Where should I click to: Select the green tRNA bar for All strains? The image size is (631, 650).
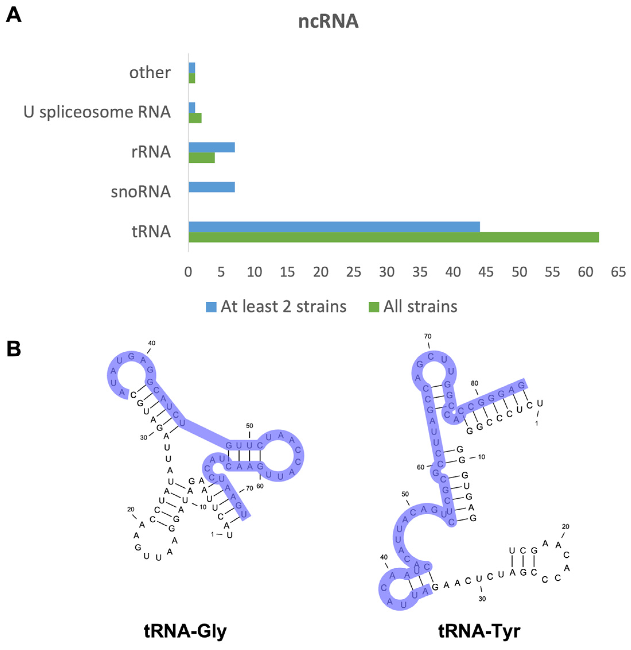(x=394, y=237)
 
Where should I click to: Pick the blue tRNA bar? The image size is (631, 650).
(x=334, y=227)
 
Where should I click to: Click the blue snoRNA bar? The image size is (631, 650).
(x=212, y=187)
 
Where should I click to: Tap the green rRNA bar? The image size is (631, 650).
(x=202, y=157)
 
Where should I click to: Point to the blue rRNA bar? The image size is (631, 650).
(x=212, y=147)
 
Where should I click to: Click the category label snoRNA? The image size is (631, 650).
(x=141, y=192)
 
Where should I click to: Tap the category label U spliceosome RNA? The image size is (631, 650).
(x=97, y=112)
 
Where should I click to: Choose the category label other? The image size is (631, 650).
(x=150, y=72)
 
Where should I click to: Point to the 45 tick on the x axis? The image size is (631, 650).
(x=486, y=272)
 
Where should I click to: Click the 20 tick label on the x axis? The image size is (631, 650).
(x=321, y=272)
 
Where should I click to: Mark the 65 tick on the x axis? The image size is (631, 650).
(x=618, y=272)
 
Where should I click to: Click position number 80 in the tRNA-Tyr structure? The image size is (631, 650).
(x=474, y=383)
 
